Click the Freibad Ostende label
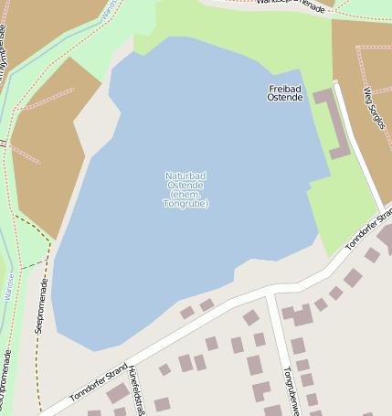[x=285, y=92]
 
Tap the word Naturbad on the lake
[x=185, y=176]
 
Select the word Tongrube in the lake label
[x=185, y=204]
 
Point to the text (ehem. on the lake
[x=185, y=195]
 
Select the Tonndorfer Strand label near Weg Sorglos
[x=369, y=229]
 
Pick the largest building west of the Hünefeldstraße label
[x=116, y=393]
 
